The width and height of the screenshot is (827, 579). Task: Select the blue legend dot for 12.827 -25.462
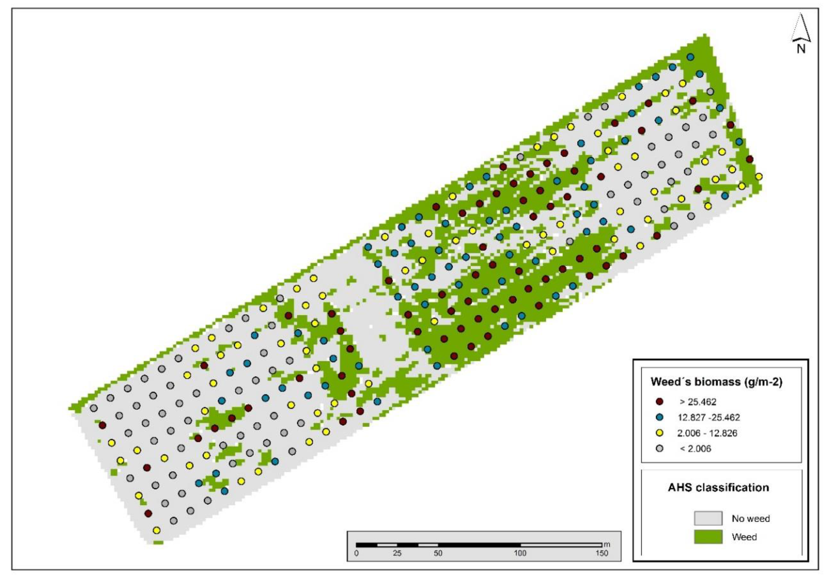pyautogui.click(x=660, y=417)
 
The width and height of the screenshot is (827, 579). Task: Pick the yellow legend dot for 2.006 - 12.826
pyautogui.click(x=660, y=433)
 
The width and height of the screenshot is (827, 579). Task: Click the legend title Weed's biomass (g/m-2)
pyautogui.click(x=716, y=382)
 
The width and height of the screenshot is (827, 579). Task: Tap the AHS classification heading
pyautogui.click(x=718, y=487)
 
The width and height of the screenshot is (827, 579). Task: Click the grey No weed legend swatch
pyautogui.click(x=708, y=518)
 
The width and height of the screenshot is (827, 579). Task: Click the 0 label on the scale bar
pyautogui.click(x=356, y=553)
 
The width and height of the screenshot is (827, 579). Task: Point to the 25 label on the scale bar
pyautogui.click(x=397, y=553)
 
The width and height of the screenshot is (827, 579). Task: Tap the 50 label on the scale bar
pyautogui.click(x=438, y=553)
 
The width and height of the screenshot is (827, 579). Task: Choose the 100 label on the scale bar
pyautogui.click(x=520, y=553)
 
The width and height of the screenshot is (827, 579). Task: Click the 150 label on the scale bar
pyautogui.click(x=601, y=553)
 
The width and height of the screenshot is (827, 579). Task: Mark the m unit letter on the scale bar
pyautogui.click(x=607, y=544)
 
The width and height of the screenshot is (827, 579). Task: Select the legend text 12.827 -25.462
pyautogui.click(x=708, y=417)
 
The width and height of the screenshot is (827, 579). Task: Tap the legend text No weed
pyautogui.click(x=751, y=518)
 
